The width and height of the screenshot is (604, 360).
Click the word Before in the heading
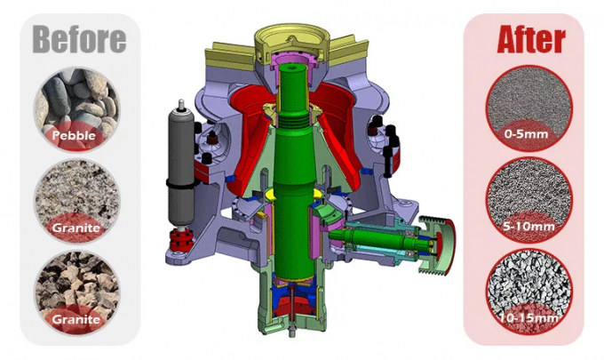[x=79, y=37]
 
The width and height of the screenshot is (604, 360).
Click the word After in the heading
[x=530, y=38]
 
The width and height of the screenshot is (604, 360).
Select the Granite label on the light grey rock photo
[x=75, y=228]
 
